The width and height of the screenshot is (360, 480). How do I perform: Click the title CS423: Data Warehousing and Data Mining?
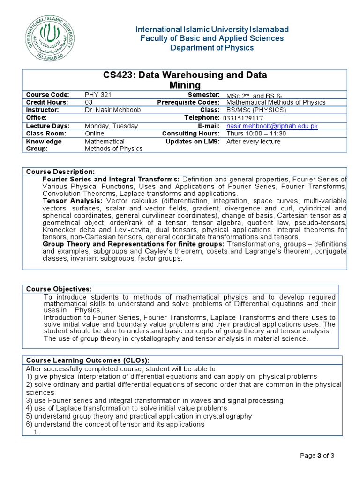click(x=185, y=80)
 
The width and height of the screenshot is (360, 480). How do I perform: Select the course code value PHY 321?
click(x=98, y=95)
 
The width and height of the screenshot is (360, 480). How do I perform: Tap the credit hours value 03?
click(x=89, y=102)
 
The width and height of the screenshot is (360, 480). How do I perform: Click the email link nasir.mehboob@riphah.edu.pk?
click(x=272, y=126)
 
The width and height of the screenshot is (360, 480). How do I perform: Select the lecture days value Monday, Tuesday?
click(x=111, y=126)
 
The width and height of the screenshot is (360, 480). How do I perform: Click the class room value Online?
click(x=95, y=134)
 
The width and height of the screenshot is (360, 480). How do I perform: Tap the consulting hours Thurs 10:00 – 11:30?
click(x=256, y=134)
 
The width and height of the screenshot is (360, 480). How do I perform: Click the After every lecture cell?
click(x=253, y=142)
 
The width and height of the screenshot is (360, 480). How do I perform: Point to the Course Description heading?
click(x=60, y=172)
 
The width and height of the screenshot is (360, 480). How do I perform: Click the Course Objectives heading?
click(x=59, y=288)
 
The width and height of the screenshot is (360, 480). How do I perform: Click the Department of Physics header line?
click(x=212, y=48)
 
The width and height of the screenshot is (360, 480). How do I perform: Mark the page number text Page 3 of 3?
click(x=317, y=455)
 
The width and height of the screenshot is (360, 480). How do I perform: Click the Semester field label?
click(x=203, y=95)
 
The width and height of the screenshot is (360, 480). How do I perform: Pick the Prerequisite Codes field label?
click(x=188, y=102)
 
